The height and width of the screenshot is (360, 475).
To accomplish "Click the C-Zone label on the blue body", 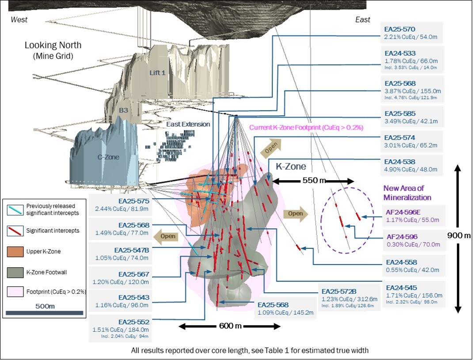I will click(108, 156).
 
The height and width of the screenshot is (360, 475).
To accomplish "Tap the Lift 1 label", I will click(157, 72).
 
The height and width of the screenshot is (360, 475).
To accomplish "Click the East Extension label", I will click(188, 124).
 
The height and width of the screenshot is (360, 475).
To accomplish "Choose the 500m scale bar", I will click(45, 313).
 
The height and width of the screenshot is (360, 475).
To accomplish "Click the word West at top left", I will click(19, 19).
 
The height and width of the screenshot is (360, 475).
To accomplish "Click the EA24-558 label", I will click(401, 262).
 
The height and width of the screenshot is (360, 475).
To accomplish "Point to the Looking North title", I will click(53, 45).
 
